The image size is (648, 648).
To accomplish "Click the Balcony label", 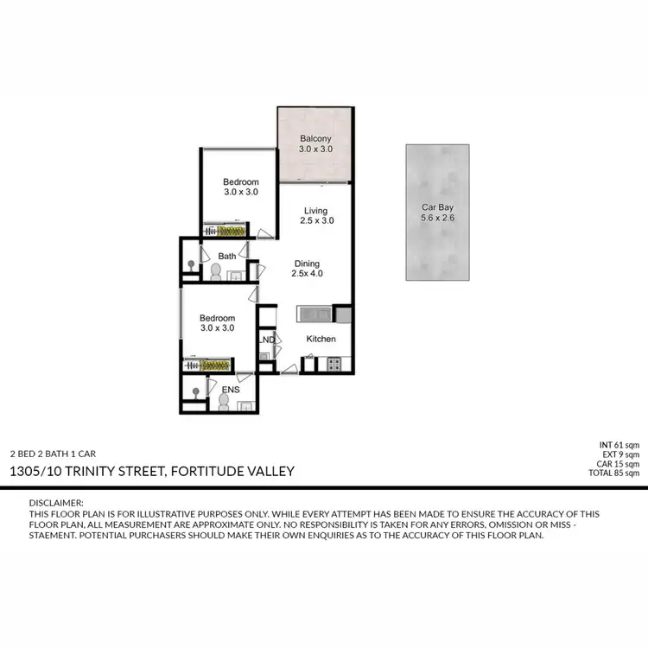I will pos(315,139).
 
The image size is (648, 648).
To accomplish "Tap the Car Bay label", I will pos(437,207).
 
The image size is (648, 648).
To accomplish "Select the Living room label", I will pos(316,210).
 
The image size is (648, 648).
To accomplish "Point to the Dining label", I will pos(306,264).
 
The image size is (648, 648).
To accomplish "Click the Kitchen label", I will pos(321,339).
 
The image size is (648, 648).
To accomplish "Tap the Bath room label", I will pos(227,256).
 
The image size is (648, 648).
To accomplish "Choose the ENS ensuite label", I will pos(230,390).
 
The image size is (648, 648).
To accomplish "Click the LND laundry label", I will pos(268,340).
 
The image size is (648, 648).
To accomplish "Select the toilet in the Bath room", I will pos(216,271).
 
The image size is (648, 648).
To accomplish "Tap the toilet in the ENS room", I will pos(224,402).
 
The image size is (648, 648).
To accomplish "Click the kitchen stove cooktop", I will pos(334,364).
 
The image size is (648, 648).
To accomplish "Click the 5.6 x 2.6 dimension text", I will pos(437,219).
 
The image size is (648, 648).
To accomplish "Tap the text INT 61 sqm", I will pos(621,445).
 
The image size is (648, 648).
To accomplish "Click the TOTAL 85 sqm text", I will pos(616,473).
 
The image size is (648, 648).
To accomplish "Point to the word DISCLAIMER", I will pos(57,503).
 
